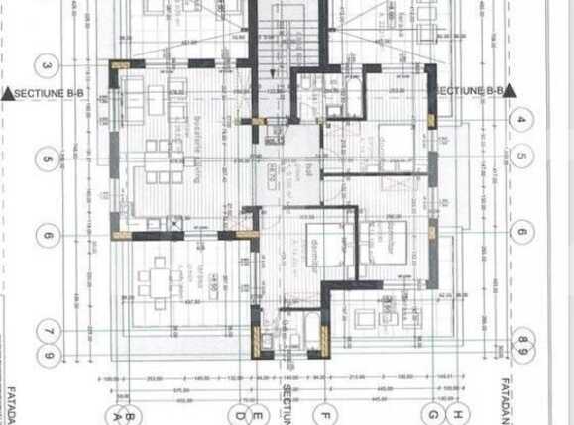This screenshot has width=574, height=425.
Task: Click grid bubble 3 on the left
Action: point(47,66)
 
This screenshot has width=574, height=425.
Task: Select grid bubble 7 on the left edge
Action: point(47,331)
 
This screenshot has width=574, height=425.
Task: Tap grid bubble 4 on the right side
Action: point(522,119)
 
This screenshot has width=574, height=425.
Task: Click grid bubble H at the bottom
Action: point(457,414)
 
